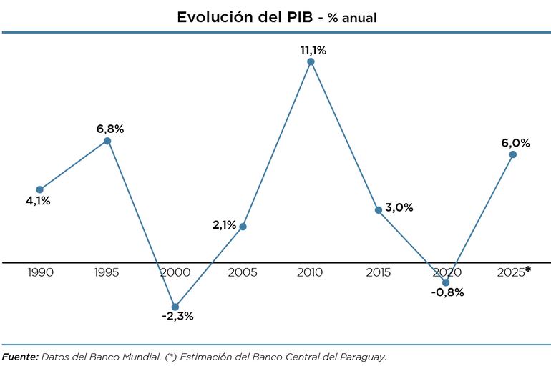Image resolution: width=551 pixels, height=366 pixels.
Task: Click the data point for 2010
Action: (311, 61)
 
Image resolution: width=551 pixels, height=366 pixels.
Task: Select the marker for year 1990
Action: (39, 189)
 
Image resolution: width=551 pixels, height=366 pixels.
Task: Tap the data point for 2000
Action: (175, 307)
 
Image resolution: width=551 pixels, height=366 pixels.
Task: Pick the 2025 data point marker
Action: (513, 154)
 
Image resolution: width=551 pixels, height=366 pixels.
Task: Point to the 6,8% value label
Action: (110, 129)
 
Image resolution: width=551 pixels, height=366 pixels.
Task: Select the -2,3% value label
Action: (177, 316)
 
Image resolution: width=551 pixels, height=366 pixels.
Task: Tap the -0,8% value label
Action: (448, 292)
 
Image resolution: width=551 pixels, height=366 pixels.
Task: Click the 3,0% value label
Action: (399, 207)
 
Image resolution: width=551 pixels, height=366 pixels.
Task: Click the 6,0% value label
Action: (515, 142)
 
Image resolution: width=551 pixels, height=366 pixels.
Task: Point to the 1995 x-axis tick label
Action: (107, 272)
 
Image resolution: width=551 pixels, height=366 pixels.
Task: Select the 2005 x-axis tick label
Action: (243, 272)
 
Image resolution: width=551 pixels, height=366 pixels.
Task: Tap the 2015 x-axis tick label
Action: (378, 272)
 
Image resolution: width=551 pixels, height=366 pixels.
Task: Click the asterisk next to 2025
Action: (528, 269)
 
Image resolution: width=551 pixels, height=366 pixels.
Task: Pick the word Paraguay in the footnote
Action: (364, 355)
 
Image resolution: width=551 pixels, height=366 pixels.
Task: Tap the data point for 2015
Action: (379, 209)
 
